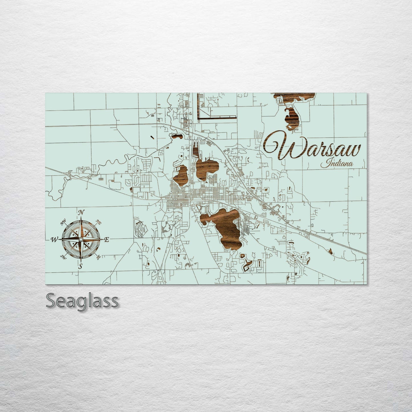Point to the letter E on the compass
coord(107,240)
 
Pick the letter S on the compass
coord(81,267)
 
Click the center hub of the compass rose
coord(81,239)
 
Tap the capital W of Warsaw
coord(279,148)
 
